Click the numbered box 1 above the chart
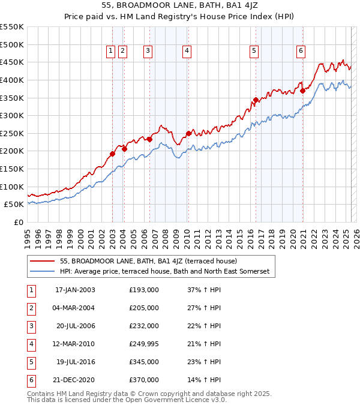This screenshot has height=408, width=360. pos(112,52)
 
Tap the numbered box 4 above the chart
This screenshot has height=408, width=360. pos(187,52)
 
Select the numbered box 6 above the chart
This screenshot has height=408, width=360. pos(299,52)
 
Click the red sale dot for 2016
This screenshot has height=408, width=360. pos(256,100)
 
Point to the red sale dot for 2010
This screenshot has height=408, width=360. pos(188,133)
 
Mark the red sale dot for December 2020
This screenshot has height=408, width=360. pos(303,91)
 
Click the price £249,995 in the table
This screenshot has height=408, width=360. pos(144,344)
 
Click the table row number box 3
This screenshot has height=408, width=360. pos(31,326)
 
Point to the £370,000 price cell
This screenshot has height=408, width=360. pos(144,380)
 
